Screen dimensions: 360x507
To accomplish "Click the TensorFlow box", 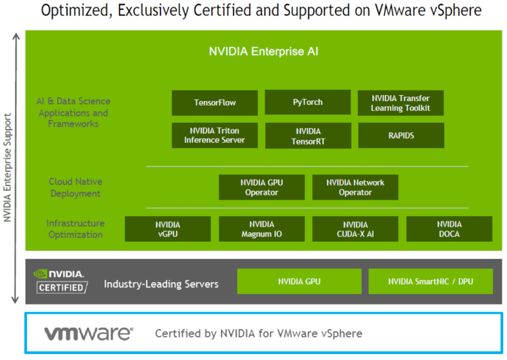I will (215, 102).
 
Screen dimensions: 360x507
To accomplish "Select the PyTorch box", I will (308, 102).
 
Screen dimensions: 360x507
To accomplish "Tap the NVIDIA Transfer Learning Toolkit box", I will (401, 102).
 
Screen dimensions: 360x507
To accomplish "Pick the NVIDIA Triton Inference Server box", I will (215, 135).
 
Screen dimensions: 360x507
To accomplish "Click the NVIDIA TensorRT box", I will (308, 136).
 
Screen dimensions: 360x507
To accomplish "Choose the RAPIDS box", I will (401, 135).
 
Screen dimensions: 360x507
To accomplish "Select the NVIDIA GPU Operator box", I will (261, 187).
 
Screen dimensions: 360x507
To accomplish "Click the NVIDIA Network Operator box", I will (355, 187).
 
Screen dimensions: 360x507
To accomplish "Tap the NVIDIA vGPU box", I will (168, 229).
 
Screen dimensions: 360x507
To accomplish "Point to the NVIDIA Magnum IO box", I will (261, 229).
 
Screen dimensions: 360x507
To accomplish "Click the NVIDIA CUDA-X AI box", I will (355, 229).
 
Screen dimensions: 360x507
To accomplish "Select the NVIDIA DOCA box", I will (449, 229).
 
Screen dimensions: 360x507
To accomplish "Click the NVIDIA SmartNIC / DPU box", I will (430, 281).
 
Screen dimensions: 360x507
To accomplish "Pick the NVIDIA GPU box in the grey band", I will (299, 281).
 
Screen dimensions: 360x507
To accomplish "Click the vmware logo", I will (88, 334).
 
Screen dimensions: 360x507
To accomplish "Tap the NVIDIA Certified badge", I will (60, 281).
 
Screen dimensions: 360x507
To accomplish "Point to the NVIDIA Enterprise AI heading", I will (263, 51).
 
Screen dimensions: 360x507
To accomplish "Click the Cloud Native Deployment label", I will (75, 188).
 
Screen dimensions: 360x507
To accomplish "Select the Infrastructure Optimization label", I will (75, 229).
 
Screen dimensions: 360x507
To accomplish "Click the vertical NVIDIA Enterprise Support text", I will (8, 168).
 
